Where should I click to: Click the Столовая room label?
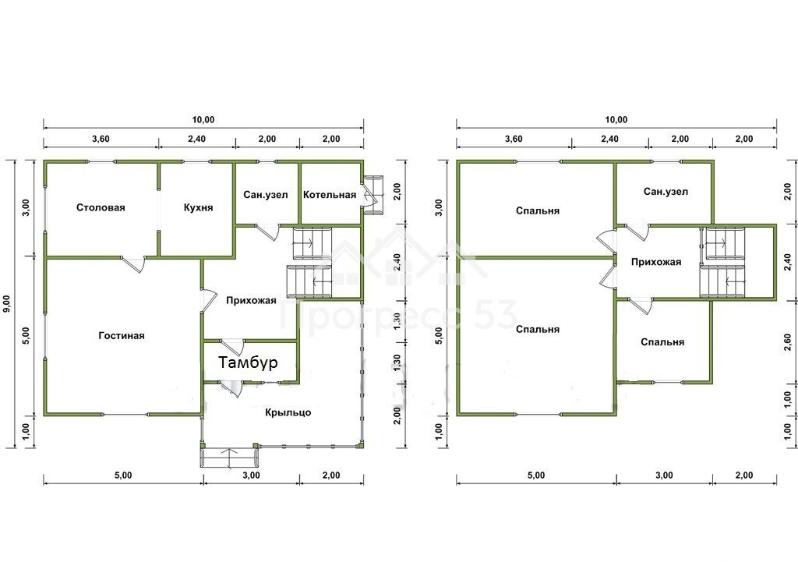[101, 207]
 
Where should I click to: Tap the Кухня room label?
[198, 207]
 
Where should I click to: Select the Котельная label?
[330, 195]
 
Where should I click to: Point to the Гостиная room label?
[122, 336]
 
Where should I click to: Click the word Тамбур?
[249, 362]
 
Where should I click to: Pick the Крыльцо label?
[288, 412]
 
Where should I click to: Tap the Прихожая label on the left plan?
[251, 300]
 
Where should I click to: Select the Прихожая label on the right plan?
[656, 262]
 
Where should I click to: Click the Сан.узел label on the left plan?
[265, 195]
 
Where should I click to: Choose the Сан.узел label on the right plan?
[666, 192]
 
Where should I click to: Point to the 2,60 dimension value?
[788, 342]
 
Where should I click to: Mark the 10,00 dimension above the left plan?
[203, 120]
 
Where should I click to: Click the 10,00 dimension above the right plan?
[616, 120]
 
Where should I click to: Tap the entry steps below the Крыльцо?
[230, 457]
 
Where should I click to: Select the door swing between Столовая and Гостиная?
[135, 263]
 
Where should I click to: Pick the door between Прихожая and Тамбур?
[232, 347]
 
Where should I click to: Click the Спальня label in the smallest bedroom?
[662, 343]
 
